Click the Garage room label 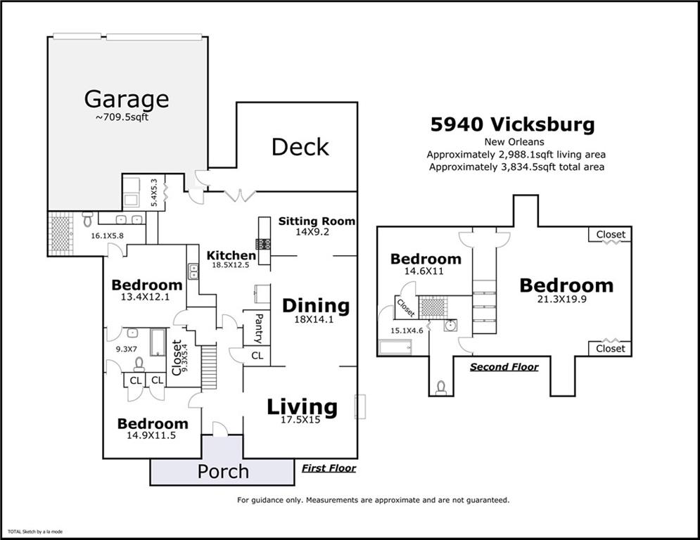(x=127, y=100)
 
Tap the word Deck (x=300, y=147)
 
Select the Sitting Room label (x=317, y=221)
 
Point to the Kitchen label (x=231, y=255)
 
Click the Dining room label (x=316, y=306)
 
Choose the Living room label (x=302, y=407)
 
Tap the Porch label (x=223, y=472)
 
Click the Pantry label (x=258, y=328)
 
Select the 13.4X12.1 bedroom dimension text (x=145, y=297)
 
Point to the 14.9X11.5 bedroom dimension (x=151, y=435)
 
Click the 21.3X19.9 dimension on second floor (x=561, y=299)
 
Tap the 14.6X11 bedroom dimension (x=424, y=271)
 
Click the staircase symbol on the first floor (x=208, y=366)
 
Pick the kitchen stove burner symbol (x=263, y=244)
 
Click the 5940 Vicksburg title (x=512, y=124)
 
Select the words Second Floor (x=504, y=367)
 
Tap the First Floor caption (x=329, y=468)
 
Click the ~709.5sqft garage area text (x=122, y=117)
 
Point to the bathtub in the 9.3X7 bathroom (x=158, y=342)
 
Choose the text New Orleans (x=514, y=142)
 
